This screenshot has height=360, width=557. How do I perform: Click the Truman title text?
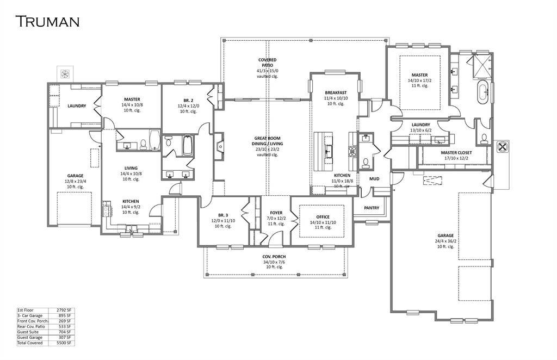47,21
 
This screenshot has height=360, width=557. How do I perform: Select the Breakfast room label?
336,93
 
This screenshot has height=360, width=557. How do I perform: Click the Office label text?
323,217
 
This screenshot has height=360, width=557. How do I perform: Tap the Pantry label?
372,208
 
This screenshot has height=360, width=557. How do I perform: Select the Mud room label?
374,178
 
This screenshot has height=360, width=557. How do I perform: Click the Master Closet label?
456,153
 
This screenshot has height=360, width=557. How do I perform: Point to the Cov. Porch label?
274,257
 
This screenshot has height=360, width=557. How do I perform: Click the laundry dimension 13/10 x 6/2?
420,130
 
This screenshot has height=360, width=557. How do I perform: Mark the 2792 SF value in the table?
64,310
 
